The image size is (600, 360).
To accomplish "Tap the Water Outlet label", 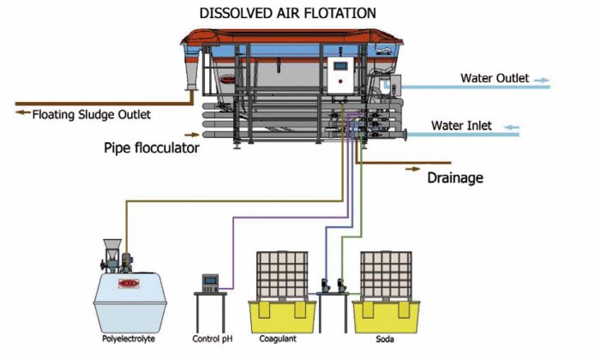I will point(495,79).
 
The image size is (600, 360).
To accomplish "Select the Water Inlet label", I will point(461,126).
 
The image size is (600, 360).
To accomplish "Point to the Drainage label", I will point(455,178).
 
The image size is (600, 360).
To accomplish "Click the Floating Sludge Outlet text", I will point(91,113).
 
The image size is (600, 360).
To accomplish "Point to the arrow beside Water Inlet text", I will point(511,127).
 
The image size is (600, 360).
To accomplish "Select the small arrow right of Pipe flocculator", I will point(195,135).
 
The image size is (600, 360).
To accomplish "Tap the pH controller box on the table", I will point(210,282).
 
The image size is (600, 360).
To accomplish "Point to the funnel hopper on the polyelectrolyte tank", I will point(111,250).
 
